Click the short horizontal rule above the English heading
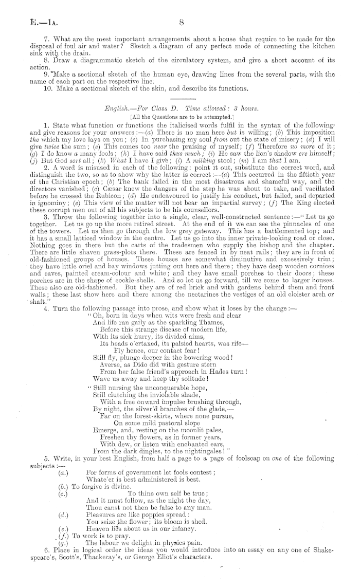pos(180,98)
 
